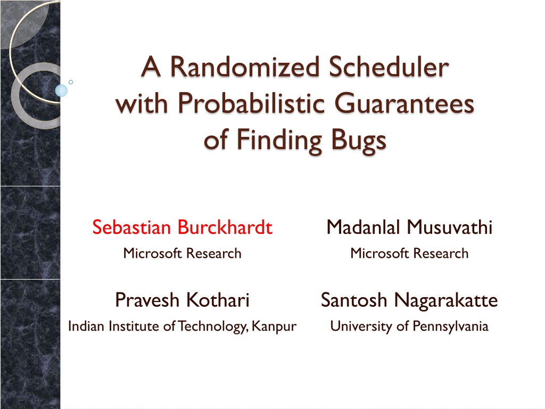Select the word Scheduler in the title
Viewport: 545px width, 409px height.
point(389,66)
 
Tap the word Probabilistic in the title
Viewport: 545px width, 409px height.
point(251,104)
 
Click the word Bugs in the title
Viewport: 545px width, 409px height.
point(359,141)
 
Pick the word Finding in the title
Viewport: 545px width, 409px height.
point(279,141)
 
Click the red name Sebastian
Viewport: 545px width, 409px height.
point(131,227)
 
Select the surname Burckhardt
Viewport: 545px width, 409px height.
point(225,227)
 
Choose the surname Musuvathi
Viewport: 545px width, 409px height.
point(450,227)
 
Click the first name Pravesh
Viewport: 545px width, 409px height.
point(147,300)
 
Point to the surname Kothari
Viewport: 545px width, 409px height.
point(218,300)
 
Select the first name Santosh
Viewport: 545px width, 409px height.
point(354,300)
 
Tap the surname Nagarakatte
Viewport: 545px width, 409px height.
point(447,300)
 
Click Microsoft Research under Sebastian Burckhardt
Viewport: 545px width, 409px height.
point(182,253)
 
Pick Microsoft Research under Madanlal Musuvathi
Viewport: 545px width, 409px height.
point(409,253)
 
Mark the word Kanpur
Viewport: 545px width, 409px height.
point(274,326)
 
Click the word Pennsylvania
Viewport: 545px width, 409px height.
point(450,326)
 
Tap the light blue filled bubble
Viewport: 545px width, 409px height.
point(61,91)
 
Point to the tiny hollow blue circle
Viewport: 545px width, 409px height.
point(71,82)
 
